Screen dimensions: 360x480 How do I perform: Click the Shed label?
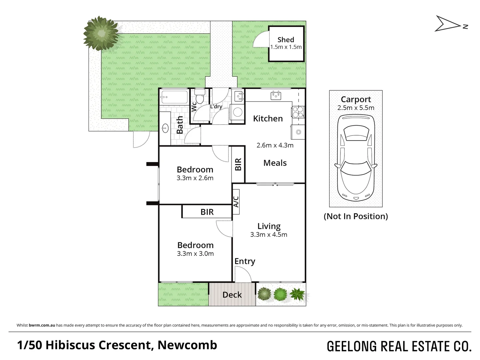[285, 40]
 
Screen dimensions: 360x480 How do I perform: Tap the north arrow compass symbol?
[451, 24]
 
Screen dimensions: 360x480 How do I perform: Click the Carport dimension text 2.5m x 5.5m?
[356, 108]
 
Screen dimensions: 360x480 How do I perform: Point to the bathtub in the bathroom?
[174, 97]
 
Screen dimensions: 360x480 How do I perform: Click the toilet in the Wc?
[200, 97]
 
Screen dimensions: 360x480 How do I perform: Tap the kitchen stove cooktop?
[298, 112]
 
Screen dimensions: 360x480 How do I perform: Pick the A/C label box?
[236, 201]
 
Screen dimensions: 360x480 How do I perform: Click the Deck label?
[232, 295]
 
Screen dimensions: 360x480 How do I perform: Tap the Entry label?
[245, 261]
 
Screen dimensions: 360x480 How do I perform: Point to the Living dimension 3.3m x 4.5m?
[268, 235]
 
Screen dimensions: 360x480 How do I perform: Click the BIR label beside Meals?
[239, 165]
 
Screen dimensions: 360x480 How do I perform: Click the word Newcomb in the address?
[187, 345]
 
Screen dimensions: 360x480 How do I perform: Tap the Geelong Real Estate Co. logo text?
[399, 347]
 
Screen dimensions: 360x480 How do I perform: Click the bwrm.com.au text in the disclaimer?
[42, 325]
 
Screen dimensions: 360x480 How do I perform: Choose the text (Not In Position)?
[356, 216]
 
